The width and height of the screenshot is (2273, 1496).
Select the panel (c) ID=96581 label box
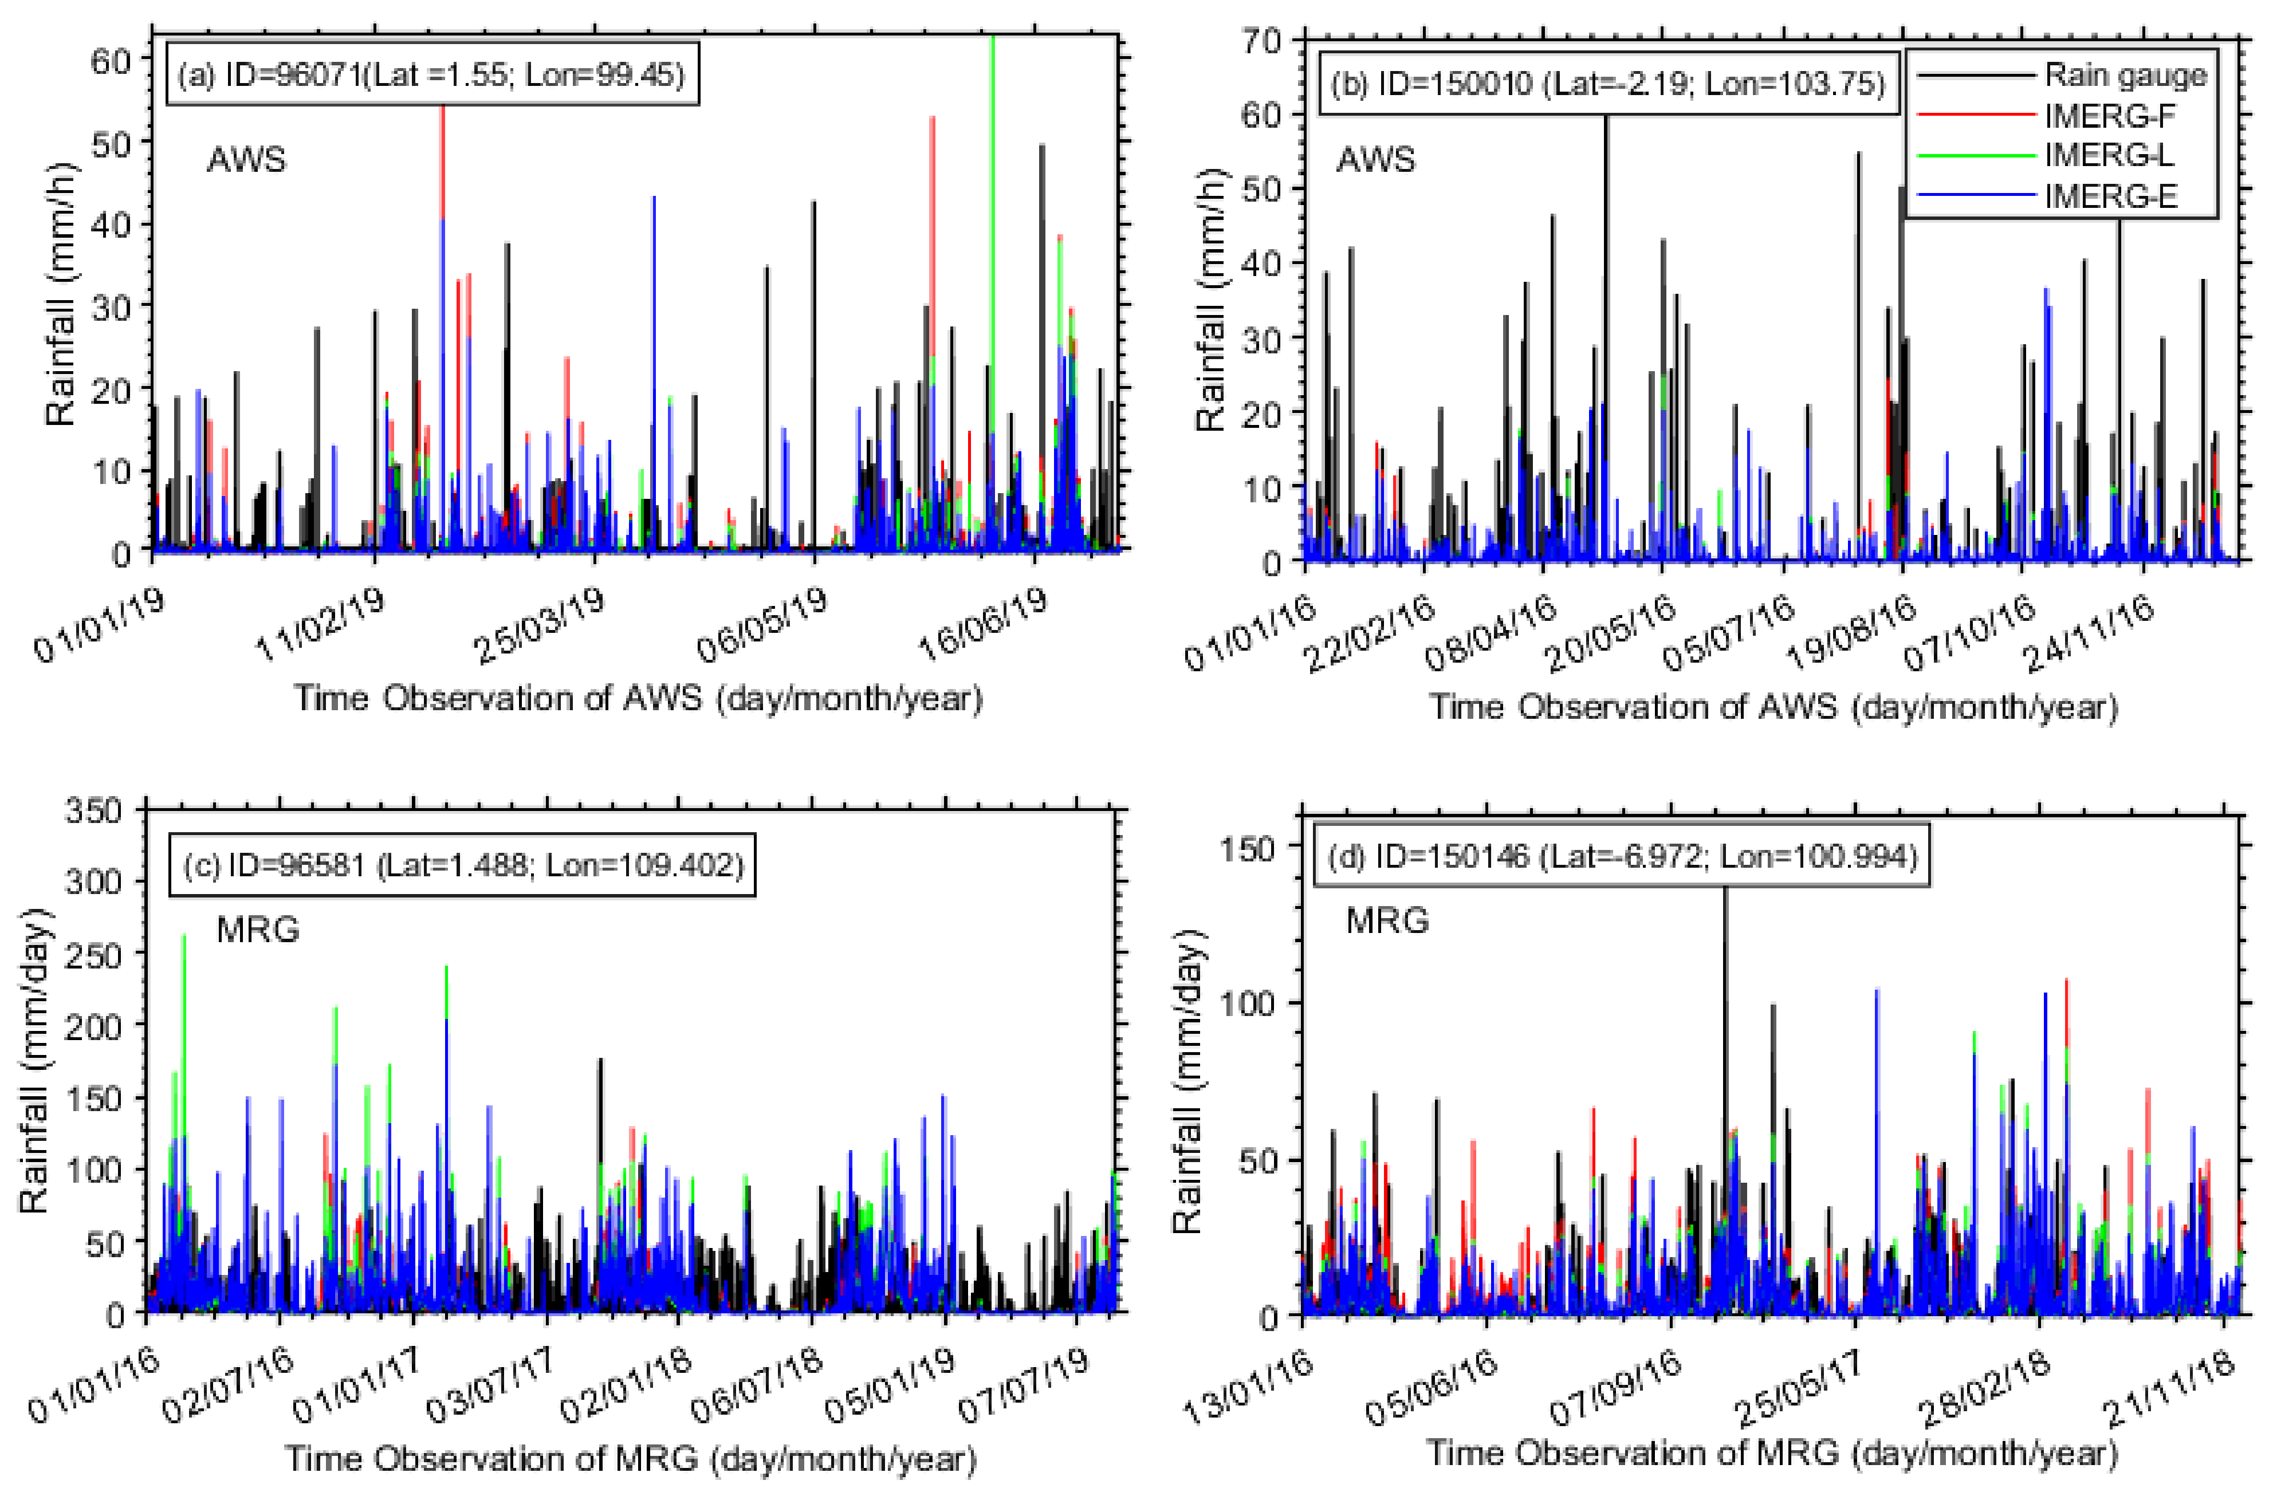tap(462, 865)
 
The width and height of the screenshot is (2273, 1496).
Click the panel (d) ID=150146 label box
tap(1622, 856)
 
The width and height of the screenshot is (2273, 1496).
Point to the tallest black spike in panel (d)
tap(1725, 1002)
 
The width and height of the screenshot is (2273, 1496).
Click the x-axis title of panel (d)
tap(1772, 1452)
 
